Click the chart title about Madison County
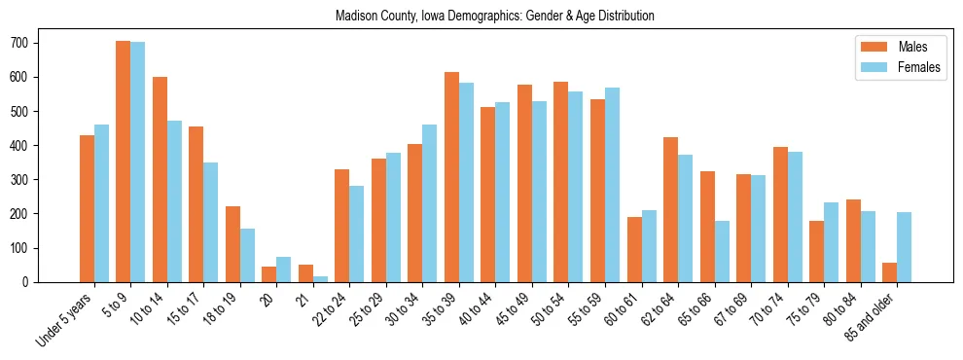pyautogui.click(x=494, y=17)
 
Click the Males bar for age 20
pyautogui.click(x=268, y=274)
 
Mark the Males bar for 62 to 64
pyautogui.click(x=670, y=209)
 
